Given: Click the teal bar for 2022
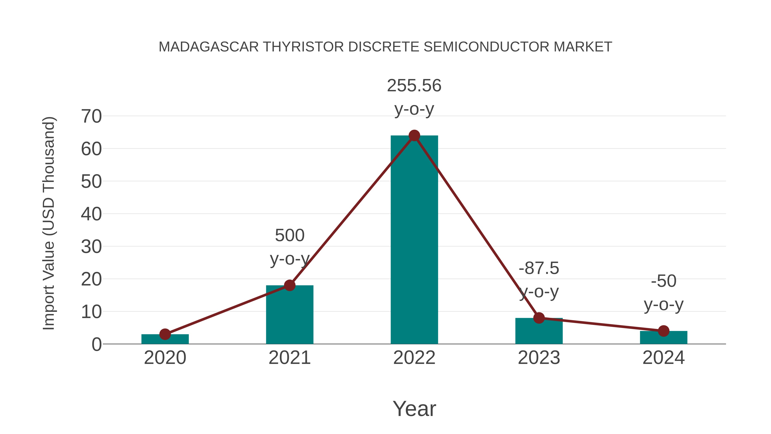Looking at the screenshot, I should pos(414,240).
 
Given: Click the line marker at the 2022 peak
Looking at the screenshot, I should pos(414,136).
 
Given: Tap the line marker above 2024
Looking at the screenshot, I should pos(663,331).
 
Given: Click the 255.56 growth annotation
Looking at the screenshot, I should pos(414,86).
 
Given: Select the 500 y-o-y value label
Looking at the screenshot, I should pos(290,235).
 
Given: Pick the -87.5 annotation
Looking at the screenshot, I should pos(539,268).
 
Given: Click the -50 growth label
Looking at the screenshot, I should pos(663,281).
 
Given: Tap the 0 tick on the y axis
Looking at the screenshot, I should pos(96,344).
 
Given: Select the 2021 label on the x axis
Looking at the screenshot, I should pos(290,358).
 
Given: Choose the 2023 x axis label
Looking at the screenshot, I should pos(539,358).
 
